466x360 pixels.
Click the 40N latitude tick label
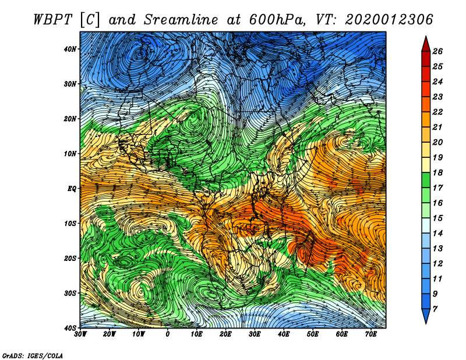(70, 49)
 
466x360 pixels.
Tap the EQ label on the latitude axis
(72, 189)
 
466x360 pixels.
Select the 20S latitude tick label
(70, 258)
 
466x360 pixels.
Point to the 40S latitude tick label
(70, 328)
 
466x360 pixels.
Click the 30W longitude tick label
(80, 334)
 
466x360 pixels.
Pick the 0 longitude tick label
(168, 334)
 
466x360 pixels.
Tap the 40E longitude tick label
(284, 334)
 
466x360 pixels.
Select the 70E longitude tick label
(371, 334)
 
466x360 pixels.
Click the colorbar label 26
(437, 51)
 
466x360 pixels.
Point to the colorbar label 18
(437, 172)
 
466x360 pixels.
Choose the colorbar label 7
(435, 309)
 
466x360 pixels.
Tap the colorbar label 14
(437, 234)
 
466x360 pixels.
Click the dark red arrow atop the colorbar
(426, 44)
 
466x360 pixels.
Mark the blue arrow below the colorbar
(426, 316)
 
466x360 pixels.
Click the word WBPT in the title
(53, 20)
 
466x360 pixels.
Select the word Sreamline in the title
(181, 20)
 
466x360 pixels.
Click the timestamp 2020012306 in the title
(389, 20)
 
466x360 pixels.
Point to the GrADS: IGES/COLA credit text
(33, 356)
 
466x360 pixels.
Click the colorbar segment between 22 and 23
(426, 104)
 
